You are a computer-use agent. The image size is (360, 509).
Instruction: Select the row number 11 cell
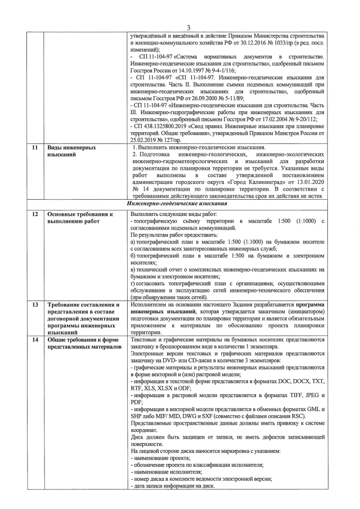tap(34, 147)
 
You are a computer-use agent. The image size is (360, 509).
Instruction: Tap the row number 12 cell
tap(34, 231)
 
